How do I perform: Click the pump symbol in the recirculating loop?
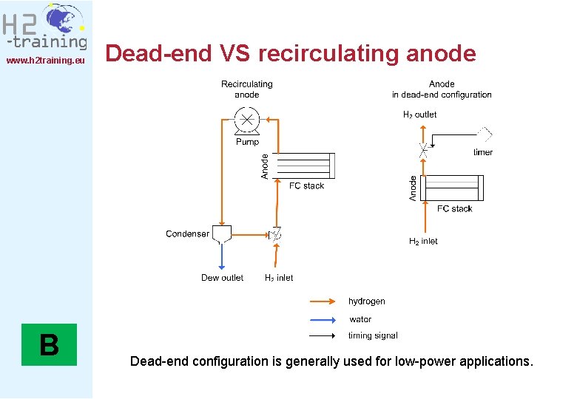coord(246,119)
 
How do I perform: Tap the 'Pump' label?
coord(247,142)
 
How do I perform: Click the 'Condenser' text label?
coord(187,234)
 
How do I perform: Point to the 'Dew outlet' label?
coord(222,278)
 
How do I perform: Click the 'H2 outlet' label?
coord(419,115)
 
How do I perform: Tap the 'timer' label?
coord(482,152)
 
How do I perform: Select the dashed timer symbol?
coord(484,134)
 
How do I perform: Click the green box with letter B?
coord(49,345)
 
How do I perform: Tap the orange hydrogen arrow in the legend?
coord(324,301)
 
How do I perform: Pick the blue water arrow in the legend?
coord(324,320)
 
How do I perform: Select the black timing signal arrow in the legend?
coord(324,335)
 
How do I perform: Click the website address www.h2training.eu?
coord(46,60)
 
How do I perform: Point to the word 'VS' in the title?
coord(236,53)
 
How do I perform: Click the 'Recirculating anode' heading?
coord(246,89)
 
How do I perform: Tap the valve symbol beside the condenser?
coord(275,235)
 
